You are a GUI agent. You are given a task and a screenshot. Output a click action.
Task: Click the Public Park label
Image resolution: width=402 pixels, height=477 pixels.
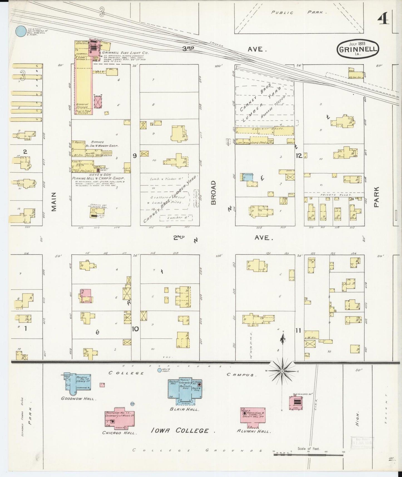[298, 13]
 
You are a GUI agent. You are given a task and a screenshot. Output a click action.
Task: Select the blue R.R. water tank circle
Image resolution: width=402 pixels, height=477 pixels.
[20, 31]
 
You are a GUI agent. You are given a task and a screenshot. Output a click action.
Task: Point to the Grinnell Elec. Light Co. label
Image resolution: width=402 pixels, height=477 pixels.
[125, 52]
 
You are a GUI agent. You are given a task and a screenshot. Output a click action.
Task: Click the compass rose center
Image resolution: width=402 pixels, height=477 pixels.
[283, 371]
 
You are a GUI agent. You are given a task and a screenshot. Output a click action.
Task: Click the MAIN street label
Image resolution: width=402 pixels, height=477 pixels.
[54, 201]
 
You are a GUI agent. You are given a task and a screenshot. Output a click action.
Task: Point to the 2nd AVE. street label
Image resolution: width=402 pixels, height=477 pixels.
[223, 238]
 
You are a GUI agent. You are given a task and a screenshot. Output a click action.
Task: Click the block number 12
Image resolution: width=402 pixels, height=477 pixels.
[299, 156]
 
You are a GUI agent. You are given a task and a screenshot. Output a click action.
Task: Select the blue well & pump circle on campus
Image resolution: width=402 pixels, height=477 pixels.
[159, 370]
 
